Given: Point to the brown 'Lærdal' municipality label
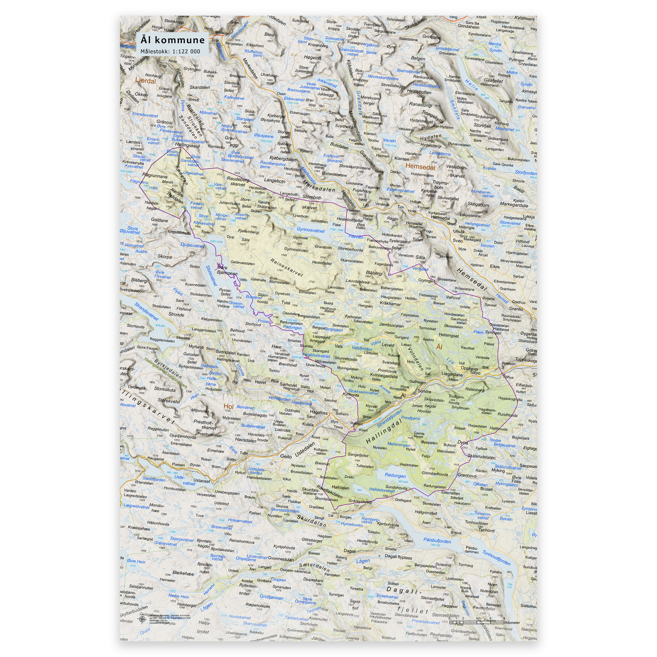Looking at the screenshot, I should (x=145, y=81).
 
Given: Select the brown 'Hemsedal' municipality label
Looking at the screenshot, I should (x=420, y=166).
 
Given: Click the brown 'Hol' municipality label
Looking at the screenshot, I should (x=228, y=406).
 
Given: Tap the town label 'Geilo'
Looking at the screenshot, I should (x=286, y=456).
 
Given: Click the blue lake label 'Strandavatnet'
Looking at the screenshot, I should (x=146, y=311).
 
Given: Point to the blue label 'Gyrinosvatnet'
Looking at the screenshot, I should (x=311, y=230).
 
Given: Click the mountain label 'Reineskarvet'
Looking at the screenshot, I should (x=286, y=268).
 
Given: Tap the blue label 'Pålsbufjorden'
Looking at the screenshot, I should (x=437, y=541).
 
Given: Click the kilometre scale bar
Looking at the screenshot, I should (x=476, y=622).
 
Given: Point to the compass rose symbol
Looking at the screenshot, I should (x=142, y=619).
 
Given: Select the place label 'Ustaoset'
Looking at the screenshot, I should (x=202, y=481).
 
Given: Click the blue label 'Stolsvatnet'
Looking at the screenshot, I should (x=211, y=276).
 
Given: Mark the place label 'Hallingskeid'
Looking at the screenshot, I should (x=187, y=146).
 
